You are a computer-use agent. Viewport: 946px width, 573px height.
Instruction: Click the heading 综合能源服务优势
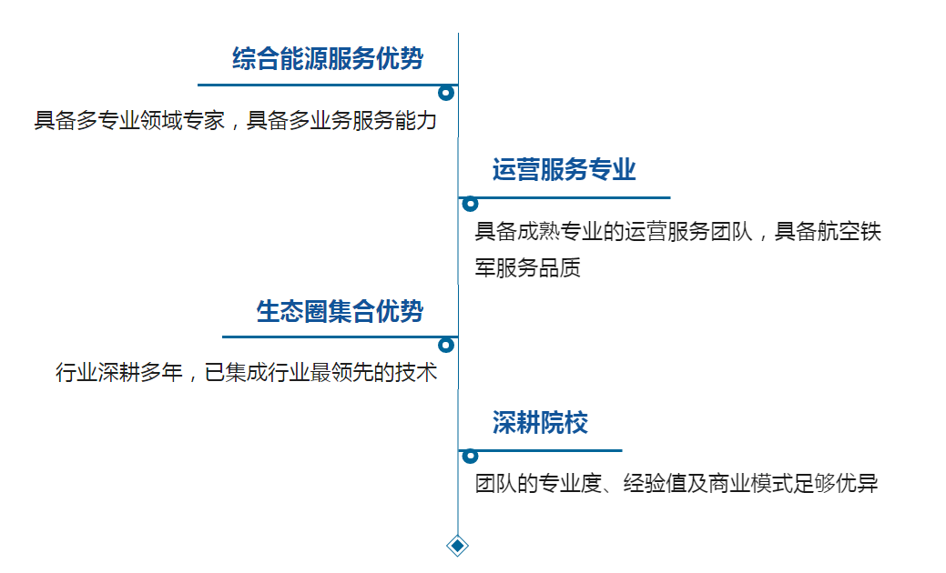point(328,60)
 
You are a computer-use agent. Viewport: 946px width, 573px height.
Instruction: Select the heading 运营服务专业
point(564,170)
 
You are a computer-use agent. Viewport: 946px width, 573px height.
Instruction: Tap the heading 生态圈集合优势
point(340,312)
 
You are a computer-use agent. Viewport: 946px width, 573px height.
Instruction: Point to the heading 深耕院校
point(540,423)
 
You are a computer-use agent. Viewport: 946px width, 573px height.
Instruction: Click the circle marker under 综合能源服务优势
point(446,93)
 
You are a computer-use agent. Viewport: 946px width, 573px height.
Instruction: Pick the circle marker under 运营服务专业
point(470,204)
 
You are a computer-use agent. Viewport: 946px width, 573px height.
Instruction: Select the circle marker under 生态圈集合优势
point(446,345)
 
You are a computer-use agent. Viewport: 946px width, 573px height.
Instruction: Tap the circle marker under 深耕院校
point(470,457)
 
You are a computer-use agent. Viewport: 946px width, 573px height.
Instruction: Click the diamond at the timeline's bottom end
point(458,546)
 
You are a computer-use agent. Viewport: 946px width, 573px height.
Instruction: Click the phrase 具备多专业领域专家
point(129,121)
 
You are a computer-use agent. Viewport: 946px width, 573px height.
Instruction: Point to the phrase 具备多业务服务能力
point(342,121)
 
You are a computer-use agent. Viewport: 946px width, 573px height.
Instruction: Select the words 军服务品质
point(528,268)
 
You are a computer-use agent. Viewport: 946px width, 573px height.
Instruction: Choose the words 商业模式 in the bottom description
point(740,484)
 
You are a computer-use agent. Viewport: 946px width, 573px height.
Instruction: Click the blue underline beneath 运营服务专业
point(570,197)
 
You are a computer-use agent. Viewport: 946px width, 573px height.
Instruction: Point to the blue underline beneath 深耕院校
point(546,450)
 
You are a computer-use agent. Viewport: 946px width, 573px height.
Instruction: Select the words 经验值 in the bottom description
point(656,484)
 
